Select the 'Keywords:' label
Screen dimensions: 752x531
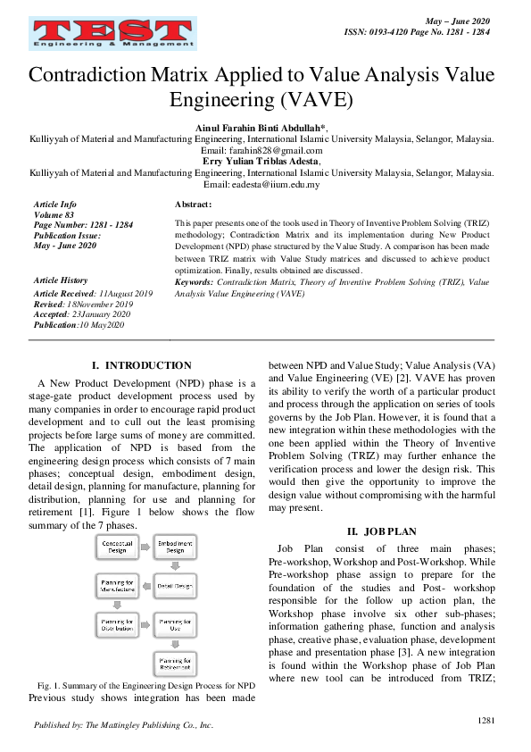tap(195, 281)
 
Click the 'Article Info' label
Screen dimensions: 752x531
tap(55, 205)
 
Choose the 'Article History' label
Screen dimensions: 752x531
tap(61, 280)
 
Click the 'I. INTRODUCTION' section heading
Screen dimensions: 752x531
tap(142, 365)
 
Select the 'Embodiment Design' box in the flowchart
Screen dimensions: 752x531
tap(176, 547)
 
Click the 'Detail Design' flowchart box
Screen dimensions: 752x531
tap(176, 587)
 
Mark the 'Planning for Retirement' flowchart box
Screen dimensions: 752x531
tap(176, 664)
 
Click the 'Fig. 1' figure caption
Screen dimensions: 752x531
tap(142, 684)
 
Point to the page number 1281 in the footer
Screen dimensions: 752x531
tap(485, 720)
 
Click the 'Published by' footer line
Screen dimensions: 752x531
tap(123, 725)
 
